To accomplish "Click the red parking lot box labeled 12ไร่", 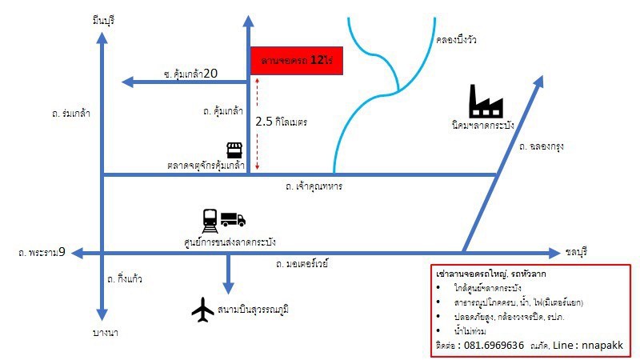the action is point(296,61).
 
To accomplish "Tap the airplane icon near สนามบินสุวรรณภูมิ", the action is point(203,310).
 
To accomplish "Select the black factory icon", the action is point(486,102).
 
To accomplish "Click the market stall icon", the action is point(234,150).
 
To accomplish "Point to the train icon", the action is point(210,221).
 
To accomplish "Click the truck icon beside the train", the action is point(233,219).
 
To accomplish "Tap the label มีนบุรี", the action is point(104,20).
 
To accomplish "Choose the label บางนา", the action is point(106,333).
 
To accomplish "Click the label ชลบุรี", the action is point(576,252).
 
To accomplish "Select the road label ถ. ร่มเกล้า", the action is point(71,113).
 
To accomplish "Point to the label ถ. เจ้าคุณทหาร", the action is point(314,186).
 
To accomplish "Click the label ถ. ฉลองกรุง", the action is point(542,146).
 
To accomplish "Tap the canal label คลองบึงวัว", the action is point(456,39).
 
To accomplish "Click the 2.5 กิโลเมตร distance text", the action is point(282,122).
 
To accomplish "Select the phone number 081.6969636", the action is point(494,346).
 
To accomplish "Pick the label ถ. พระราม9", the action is point(42,252).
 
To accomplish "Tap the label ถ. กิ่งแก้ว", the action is point(125,278).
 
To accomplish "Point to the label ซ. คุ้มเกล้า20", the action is point(190,74).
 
